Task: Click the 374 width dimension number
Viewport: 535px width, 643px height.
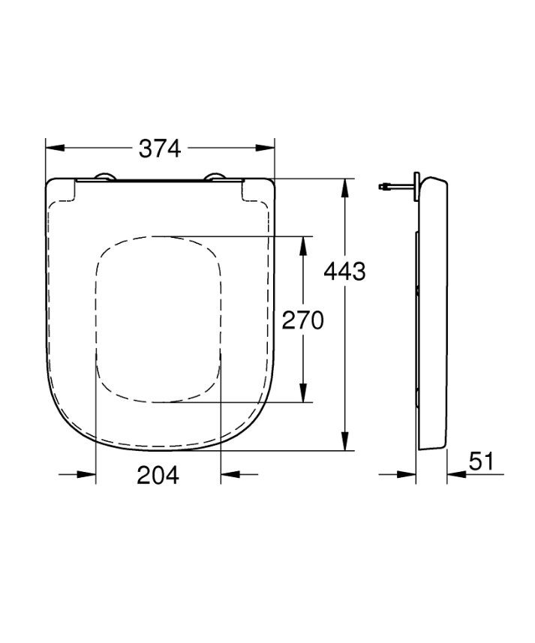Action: pos(160,149)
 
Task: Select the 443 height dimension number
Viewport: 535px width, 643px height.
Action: pos(344,271)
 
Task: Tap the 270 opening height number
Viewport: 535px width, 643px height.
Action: pos(302,320)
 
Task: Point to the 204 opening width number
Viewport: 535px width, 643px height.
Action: pos(158,475)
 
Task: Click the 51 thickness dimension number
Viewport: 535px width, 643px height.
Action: pos(482,461)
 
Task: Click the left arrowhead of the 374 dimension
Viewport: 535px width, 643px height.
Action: pos(55,148)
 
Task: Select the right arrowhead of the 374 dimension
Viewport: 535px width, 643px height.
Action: pos(265,148)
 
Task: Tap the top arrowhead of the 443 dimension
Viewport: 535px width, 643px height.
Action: pos(345,188)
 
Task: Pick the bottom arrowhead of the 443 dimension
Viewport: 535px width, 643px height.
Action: pos(345,441)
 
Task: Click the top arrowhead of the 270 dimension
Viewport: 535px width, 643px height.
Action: pos(303,246)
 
